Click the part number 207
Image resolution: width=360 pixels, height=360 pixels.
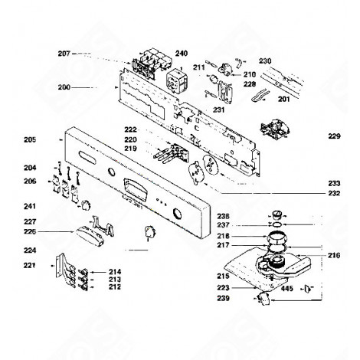(63, 54)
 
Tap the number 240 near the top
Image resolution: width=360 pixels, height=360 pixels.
(181, 54)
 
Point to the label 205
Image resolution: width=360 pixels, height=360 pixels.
(30, 139)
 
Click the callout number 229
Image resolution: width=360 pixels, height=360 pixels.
(333, 136)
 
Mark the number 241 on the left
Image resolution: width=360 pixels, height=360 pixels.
(30, 206)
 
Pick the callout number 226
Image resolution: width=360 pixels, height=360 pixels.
(30, 231)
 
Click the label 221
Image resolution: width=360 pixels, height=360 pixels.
(30, 266)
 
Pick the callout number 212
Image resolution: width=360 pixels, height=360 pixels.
(115, 288)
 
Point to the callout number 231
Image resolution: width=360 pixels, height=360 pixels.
(218, 110)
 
